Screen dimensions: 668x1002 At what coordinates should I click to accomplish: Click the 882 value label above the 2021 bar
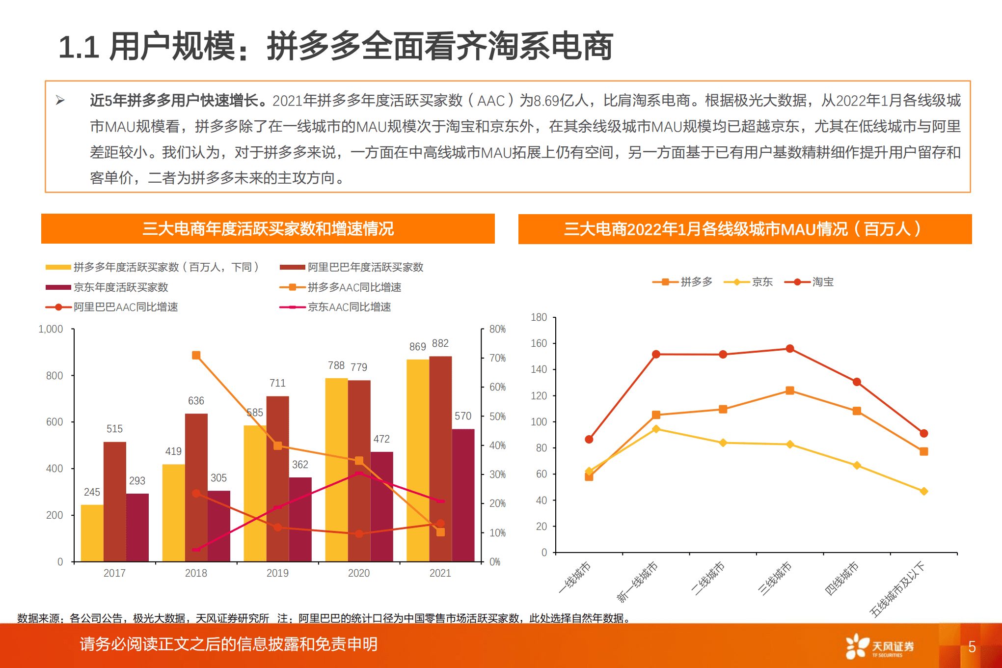[x=440, y=343]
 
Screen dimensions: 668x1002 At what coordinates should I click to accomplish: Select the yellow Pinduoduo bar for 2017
[x=92, y=533]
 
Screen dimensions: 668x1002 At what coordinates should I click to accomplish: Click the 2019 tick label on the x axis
[x=277, y=573]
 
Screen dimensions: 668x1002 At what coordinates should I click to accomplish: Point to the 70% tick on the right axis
[x=497, y=358]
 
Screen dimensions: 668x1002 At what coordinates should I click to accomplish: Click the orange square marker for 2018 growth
[x=196, y=355]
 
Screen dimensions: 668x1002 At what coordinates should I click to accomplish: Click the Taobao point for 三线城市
[x=789, y=349]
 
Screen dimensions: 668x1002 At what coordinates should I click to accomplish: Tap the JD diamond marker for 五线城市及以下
[x=923, y=491]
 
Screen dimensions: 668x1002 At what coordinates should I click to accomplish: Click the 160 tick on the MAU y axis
[x=539, y=343]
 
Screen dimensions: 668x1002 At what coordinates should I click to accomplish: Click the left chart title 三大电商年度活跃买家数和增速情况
[x=268, y=229]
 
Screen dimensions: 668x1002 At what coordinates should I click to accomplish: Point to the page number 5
[x=972, y=647]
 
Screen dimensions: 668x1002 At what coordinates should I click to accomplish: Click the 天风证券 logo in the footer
[x=879, y=646]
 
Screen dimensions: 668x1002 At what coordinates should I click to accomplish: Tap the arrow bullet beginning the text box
[x=60, y=101]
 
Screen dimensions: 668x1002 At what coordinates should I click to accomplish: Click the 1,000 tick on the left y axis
[x=51, y=329]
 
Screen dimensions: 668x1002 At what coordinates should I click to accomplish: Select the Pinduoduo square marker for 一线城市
[x=589, y=476]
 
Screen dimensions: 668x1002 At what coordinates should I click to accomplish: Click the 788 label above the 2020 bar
[x=336, y=365]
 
